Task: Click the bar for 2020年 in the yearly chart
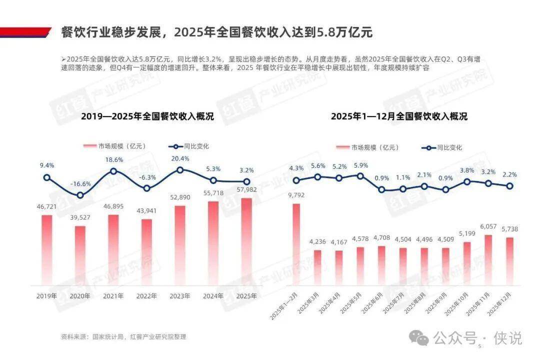click(80, 255)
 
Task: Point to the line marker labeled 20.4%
click(180, 170)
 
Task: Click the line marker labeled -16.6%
click(80, 195)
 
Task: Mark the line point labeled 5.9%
click(360, 175)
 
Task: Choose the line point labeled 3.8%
click(467, 181)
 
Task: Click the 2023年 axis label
click(180, 296)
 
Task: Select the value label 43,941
click(146, 211)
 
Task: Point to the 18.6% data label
click(113, 159)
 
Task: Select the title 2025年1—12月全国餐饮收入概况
click(398, 117)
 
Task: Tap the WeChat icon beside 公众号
click(418, 338)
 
